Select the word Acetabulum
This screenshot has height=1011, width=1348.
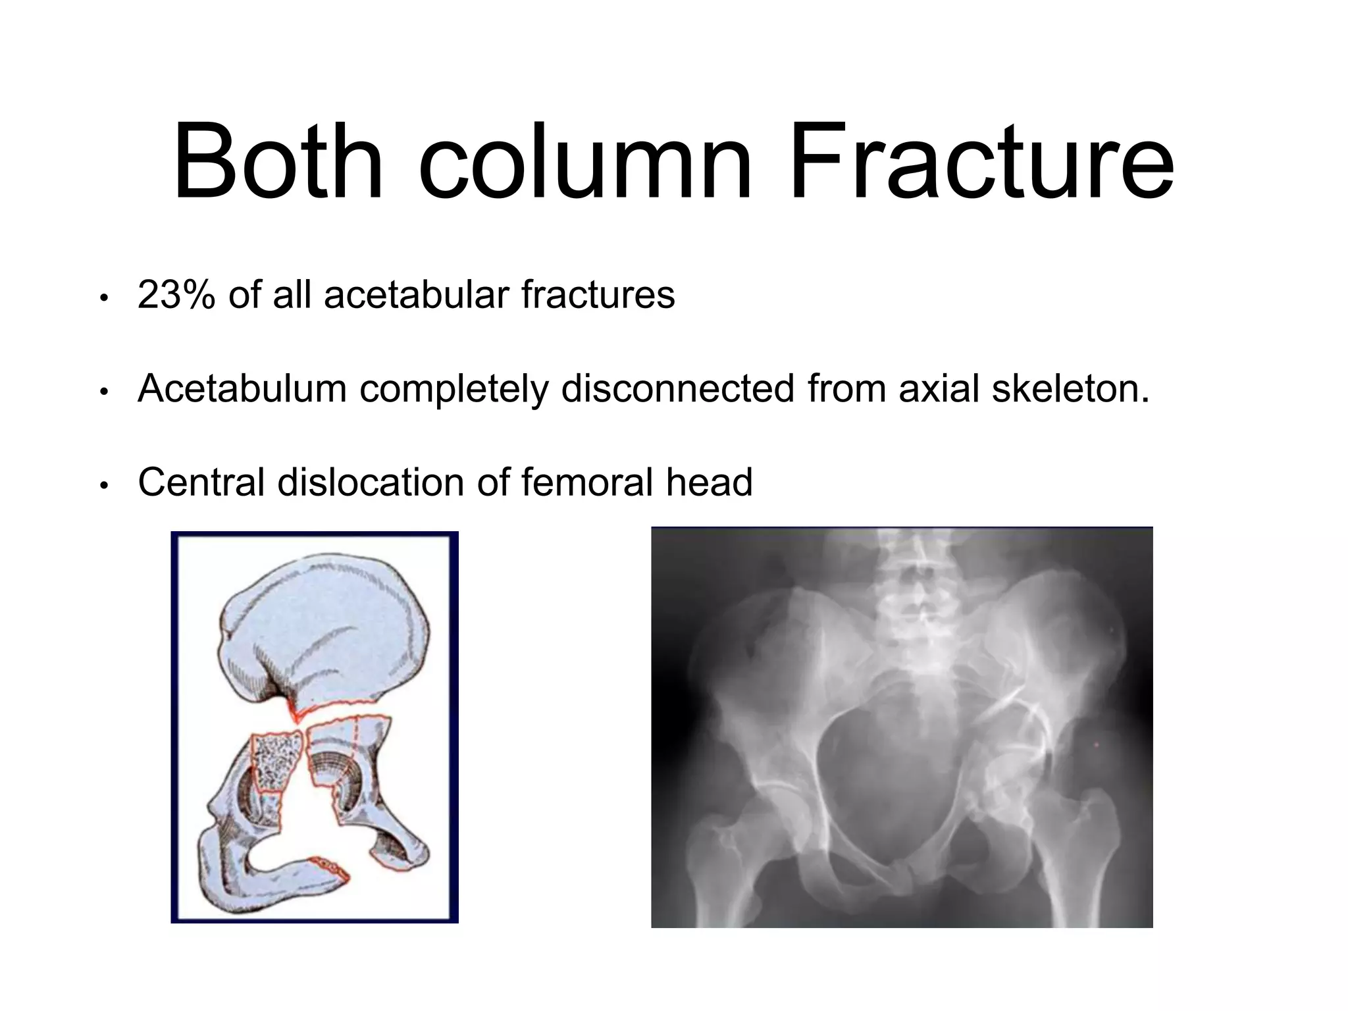[x=242, y=388]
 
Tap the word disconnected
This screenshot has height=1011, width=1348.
[x=678, y=388]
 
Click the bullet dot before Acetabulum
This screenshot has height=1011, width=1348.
[x=103, y=392]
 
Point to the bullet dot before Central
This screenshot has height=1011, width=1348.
[x=103, y=486]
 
